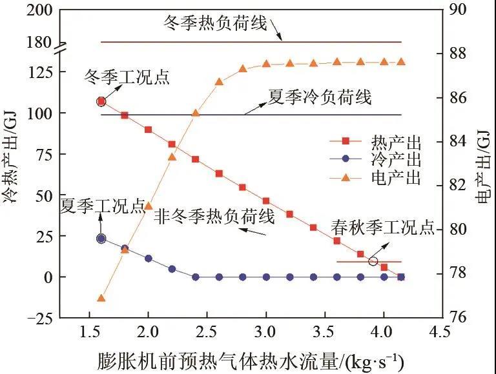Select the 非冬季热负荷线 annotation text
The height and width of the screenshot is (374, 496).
click(x=214, y=217)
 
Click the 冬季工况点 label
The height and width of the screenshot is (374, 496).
click(x=127, y=78)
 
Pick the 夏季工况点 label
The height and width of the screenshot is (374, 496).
click(x=102, y=206)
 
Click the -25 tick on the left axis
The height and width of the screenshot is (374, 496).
click(x=38, y=317)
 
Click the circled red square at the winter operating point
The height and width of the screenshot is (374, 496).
click(x=101, y=102)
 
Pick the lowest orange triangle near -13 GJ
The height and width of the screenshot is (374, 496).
click(x=101, y=299)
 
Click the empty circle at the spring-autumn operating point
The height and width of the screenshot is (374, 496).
click(x=373, y=261)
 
